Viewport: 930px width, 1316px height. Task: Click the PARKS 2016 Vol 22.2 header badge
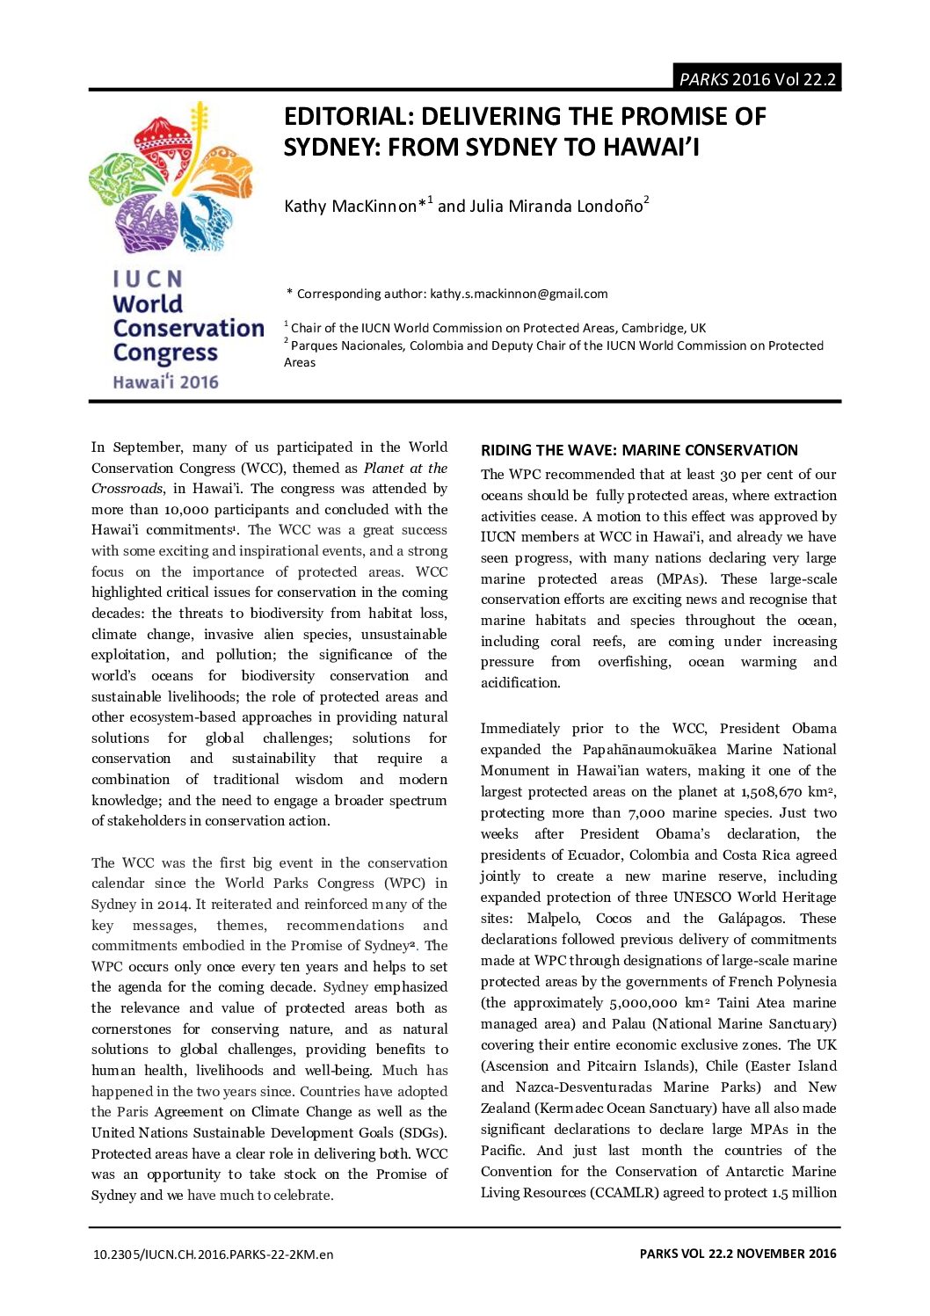point(757,79)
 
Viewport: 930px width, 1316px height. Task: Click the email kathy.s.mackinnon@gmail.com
point(519,294)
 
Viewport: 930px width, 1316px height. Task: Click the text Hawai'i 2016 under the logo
point(165,382)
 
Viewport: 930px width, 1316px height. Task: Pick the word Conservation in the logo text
point(188,328)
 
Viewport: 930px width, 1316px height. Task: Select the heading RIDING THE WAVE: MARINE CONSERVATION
point(639,450)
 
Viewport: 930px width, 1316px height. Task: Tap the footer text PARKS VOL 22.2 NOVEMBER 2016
point(737,1254)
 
